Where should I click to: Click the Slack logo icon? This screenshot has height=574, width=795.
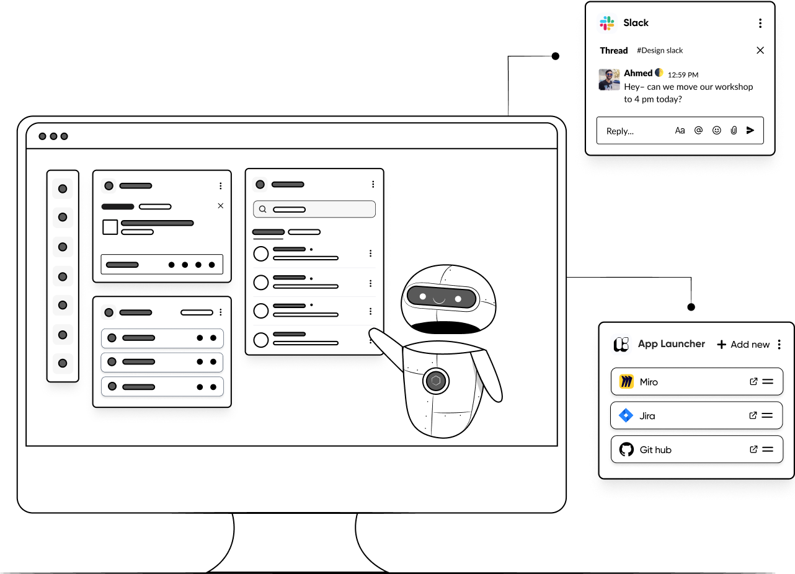click(607, 24)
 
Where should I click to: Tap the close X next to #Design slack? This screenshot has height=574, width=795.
click(760, 50)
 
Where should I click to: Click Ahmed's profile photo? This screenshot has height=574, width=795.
click(609, 79)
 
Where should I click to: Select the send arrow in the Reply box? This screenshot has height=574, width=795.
click(750, 130)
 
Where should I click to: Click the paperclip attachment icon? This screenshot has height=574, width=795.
click(734, 130)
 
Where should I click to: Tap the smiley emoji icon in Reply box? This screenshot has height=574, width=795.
click(717, 130)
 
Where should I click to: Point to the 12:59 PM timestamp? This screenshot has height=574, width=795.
click(683, 74)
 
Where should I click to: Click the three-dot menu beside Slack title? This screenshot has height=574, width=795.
click(760, 24)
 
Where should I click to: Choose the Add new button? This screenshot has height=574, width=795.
click(744, 345)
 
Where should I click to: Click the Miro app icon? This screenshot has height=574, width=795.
click(626, 382)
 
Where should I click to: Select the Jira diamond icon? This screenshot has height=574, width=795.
click(626, 416)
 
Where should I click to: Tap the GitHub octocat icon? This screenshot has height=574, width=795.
click(626, 450)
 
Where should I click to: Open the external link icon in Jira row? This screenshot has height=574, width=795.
click(753, 416)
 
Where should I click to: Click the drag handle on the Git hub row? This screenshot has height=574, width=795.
click(768, 450)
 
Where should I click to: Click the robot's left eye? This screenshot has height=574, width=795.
click(423, 297)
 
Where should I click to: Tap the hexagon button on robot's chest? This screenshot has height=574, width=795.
click(436, 381)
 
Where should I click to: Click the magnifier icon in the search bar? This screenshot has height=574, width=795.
click(263, 210)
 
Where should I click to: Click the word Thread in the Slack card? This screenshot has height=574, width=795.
click(614, 50)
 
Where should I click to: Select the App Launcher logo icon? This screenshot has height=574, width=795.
click(621, 345)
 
